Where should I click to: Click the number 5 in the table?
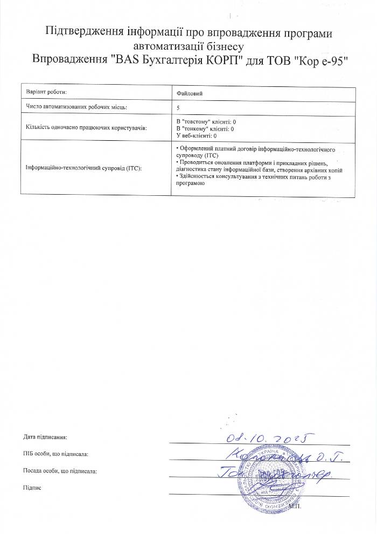(x=178, y=108)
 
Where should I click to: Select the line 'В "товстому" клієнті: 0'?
(x=206, y=122)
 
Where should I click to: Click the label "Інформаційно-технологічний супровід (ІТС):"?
(x=83, y=168)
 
